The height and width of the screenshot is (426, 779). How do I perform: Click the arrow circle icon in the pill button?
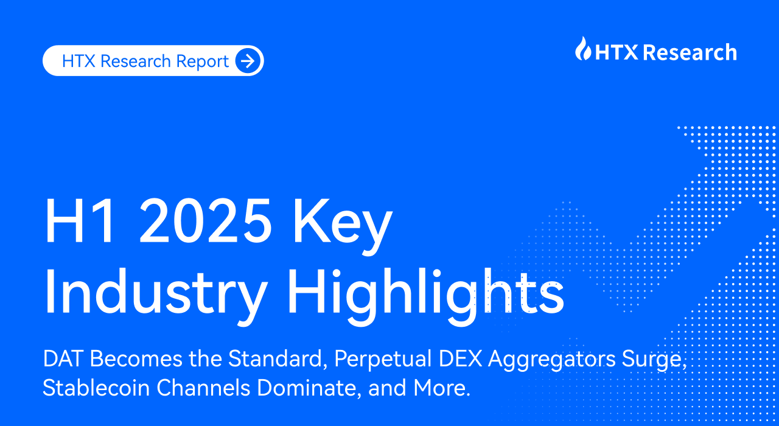pyautogui.click(x=248, y=61)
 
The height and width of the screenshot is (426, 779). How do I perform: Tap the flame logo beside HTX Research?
pyautogui.click(x=583, y=49)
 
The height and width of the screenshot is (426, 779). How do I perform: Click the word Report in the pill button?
pyautogui.click(x=202, y=61)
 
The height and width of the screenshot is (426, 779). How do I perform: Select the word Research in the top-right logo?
pyautogui.click(x=690, y=52)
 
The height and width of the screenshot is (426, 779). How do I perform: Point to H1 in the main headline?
pyautogui.click(x=79, y=220)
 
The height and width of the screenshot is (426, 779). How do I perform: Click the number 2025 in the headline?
pyautogui.click(x=205, y=220)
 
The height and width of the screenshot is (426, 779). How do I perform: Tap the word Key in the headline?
pyautogui.click(x=343, y=226)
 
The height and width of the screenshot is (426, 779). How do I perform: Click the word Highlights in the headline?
pyautogui.click(x=425, y=296)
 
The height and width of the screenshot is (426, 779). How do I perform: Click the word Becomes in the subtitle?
pyautogui.click(x=136, y=358)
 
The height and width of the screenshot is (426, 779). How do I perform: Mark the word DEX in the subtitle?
pyautogui.click(x=460, y=358)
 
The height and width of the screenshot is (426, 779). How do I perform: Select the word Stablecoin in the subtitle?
pyautogui.click(x=96, y=388)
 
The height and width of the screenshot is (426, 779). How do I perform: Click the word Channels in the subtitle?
pyautogui.click(x=203, y=388)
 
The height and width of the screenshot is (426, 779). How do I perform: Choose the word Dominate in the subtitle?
pyautogui.click(x=309, y=388)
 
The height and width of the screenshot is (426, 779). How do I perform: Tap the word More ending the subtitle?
pyautogui.click(x=442, y=388)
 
